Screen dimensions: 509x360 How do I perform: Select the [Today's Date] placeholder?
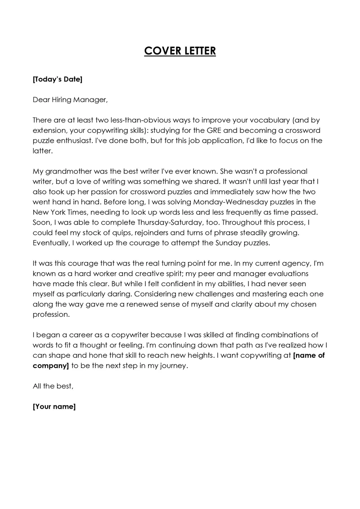[x=58, y=80]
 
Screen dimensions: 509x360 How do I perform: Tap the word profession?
[x=52, y=315]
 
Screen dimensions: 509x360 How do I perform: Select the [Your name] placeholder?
[x=54, y=407]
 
